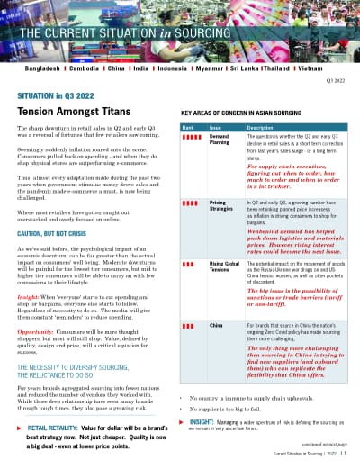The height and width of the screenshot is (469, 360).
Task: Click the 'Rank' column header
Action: point(189,128)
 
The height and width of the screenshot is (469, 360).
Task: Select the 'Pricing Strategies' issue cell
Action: point(222,206)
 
